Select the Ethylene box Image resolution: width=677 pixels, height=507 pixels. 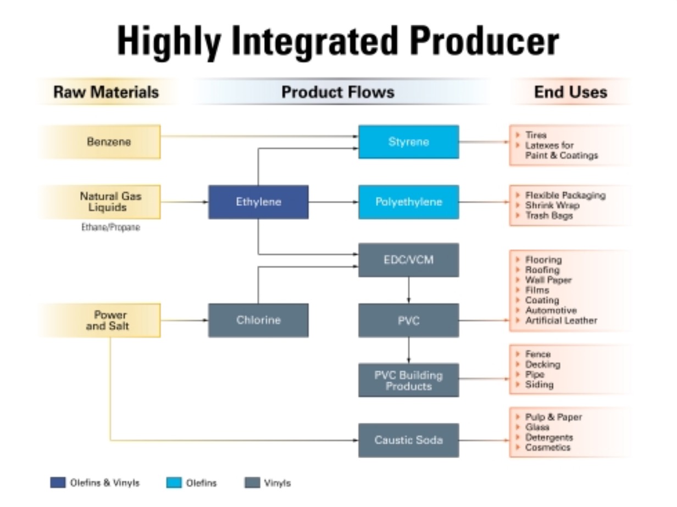coord(258,202)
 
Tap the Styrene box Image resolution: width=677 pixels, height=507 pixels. coord(409,142)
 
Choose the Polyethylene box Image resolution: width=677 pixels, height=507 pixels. coord(409,202)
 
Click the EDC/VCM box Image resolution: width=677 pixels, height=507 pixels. coord(409,260)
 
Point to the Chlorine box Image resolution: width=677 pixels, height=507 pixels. coord(258,320)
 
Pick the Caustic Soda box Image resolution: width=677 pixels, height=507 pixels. coord(409,440)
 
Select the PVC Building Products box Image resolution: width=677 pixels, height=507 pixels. coord(409,380)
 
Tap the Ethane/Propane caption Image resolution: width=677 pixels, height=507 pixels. coord(110,227)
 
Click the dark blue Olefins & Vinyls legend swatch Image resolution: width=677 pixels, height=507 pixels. coord(58,483)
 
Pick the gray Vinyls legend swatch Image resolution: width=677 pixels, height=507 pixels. coord(252,483)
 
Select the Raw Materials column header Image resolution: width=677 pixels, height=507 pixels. coord(106,92)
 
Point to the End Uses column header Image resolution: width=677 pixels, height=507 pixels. coord(570,92)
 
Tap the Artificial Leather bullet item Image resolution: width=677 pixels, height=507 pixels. coord(561,321)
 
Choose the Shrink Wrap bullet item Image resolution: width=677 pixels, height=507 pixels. coord(552,205)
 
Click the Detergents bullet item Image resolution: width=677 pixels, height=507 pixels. coord(549,437)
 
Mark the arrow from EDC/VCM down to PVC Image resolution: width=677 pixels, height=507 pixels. coord(409,290)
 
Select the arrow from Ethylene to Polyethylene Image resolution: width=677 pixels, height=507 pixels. coord(334,202)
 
